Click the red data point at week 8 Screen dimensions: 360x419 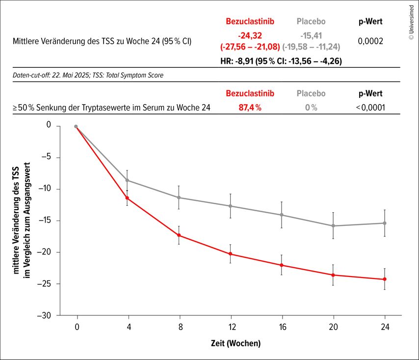pos(179,235)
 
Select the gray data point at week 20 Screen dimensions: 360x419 pos(333,226)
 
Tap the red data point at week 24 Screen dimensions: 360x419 pos(385,279)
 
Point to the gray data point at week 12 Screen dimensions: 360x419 pos(230,206)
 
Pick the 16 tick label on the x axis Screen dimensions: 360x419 pos(282,326)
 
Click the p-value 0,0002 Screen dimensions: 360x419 pos(370,41)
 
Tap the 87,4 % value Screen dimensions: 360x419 pos(250,108)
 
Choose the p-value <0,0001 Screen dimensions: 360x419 pos(370,108)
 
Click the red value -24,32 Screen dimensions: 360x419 pos(250,36)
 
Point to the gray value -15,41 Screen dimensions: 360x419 pos(311,36)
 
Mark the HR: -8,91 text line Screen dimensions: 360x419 pos(281,61)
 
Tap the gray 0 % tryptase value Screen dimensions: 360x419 pos(311,108)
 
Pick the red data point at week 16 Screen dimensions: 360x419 pos(282,265)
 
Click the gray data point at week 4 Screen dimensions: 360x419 pos(128,180)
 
